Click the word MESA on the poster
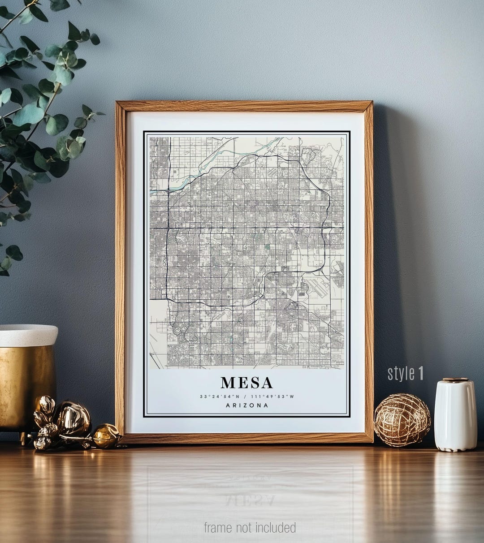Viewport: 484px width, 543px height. [246, 383]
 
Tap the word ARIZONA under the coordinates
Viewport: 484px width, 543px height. [247, 405]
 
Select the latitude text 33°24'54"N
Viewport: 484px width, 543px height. [220, 396]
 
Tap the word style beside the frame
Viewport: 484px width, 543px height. [401, 373]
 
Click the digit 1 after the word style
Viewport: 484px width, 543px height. [420, 373]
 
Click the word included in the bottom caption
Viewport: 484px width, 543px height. [276, 527]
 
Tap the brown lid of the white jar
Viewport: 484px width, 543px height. [455, 380]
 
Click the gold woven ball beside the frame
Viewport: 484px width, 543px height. [402, 420]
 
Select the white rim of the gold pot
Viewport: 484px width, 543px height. [28, 335]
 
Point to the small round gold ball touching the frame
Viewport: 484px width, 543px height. [106, 436]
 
